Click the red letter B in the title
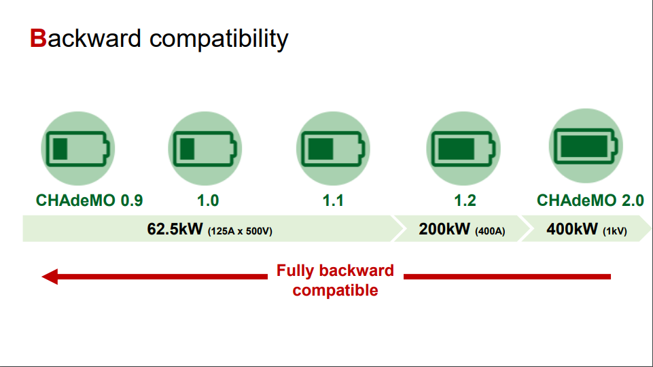click(38, 38)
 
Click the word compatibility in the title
click(219, 39)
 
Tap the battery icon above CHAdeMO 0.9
click(78, 148)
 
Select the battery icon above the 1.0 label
click(205, 148)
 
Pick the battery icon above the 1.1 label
click(333, 148)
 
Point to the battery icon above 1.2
click(463, 148)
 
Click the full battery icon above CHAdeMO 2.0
click(586, 146)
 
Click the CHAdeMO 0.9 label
click(90, 200)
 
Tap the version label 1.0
click(208, 200)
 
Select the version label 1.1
click(333, 200)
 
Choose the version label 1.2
click(465, 200)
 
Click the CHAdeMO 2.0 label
click(590, 200)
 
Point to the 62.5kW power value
click(175, 229)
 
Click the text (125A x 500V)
click(240, 231)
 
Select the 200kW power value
click(444, 229)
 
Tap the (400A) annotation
click(490, 231)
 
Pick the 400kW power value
click(572, 229)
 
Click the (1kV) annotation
click(615, 231)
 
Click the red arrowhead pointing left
click(50, 277)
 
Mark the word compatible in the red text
click(335, 290)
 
